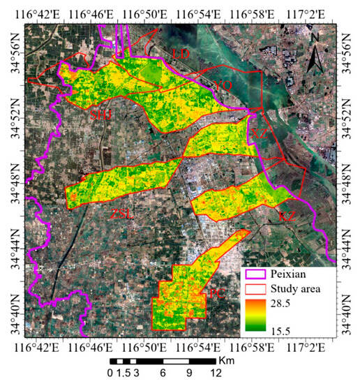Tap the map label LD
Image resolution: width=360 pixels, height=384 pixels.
tap(181, 54)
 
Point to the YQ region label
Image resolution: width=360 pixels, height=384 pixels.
tap(223, 85)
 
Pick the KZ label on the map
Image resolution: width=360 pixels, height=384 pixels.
tap(287, 217)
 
